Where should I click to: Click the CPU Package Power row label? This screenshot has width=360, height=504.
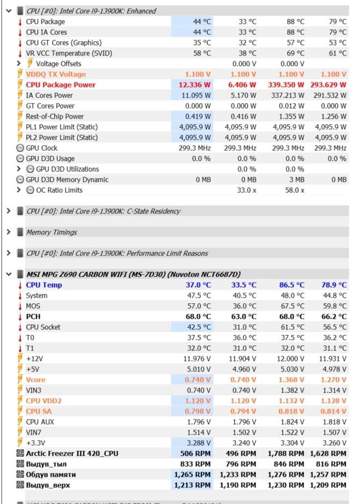click(61, 85)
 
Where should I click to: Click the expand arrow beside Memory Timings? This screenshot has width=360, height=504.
click(8, 232)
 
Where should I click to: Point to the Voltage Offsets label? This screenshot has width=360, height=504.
click(58, 64)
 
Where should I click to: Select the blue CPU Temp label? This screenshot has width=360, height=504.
click(44, 285)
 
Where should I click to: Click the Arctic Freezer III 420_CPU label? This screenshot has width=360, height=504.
click(72, 453)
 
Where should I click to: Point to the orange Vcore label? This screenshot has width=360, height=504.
click(36, 380)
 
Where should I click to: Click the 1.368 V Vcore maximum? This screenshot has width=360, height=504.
click(291, 380)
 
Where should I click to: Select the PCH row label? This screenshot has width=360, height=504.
click(33, 317)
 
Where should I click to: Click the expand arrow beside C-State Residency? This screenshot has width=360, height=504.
click(8, 211)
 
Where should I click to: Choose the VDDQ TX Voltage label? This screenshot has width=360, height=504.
click(56, 74)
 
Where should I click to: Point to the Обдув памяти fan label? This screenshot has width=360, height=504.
click(51, 475)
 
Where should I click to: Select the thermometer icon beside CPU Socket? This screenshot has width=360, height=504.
click(20, 327)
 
